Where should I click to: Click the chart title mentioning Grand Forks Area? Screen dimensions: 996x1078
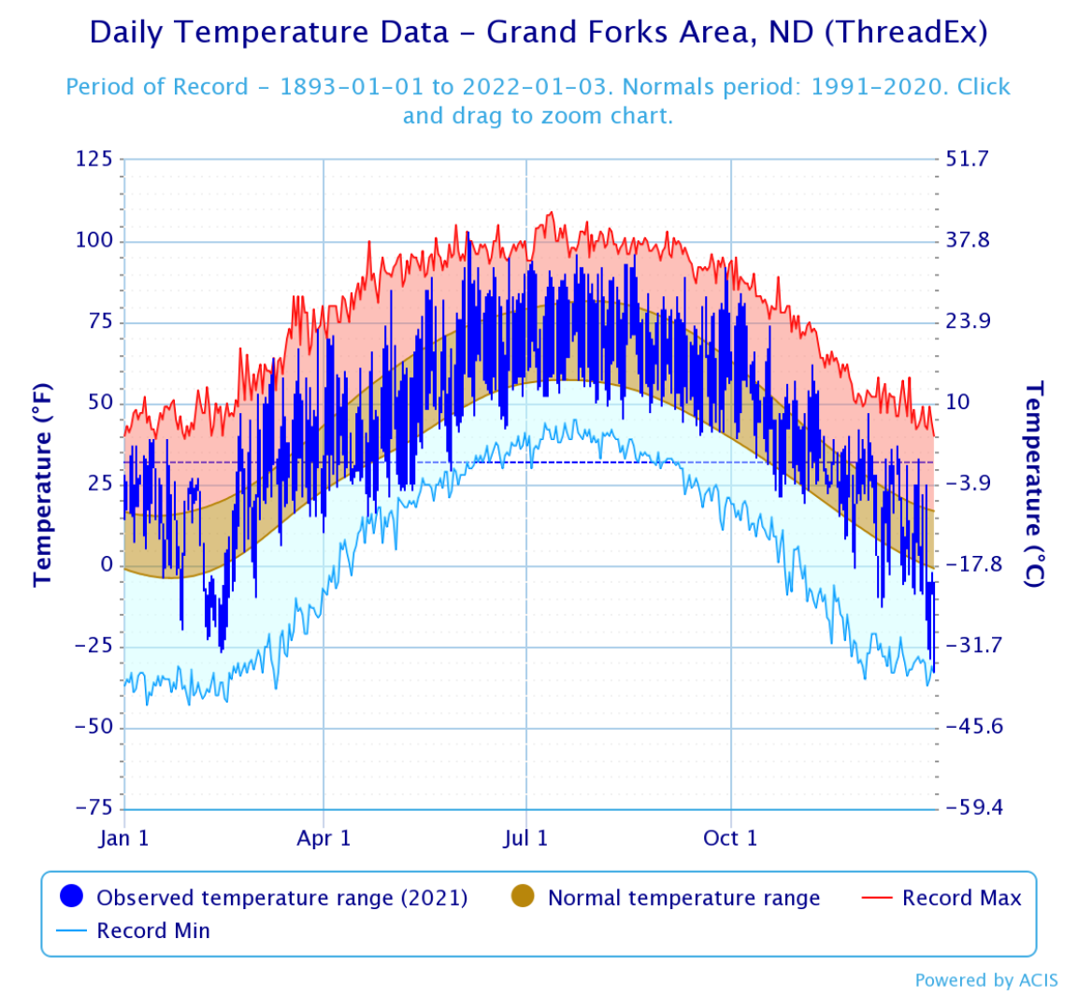coord(538,33)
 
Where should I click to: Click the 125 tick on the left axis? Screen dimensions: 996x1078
coord(93,159)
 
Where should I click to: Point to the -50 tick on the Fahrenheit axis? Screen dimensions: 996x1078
coord(93,727)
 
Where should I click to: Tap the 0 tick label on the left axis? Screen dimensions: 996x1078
coord(106,564)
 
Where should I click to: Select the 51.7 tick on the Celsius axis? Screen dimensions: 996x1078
coord(967,159)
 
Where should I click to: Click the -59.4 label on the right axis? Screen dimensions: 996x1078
coord(973,807)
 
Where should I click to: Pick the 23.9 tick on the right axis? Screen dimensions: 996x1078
coord(968,321)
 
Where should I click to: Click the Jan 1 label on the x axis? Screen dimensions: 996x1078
coord(123,838)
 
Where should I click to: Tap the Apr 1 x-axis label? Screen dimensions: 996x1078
coord(323,838)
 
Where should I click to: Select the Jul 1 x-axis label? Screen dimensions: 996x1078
coord(525,838)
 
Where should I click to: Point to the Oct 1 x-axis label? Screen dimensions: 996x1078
coord(729,838)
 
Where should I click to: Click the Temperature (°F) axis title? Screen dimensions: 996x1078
coord(42,484)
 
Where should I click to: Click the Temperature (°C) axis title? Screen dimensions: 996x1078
coord(1033,484)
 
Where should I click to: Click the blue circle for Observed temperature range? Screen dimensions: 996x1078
coord(72,897)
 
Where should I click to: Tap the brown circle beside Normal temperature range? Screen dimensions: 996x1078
coord(523,897)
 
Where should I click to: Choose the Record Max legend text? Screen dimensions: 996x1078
coord(961,898)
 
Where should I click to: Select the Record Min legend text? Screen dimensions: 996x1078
coord(153,931)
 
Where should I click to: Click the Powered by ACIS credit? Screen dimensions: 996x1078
coord(986,980)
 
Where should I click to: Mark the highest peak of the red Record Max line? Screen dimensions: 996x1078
coord(550,212)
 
